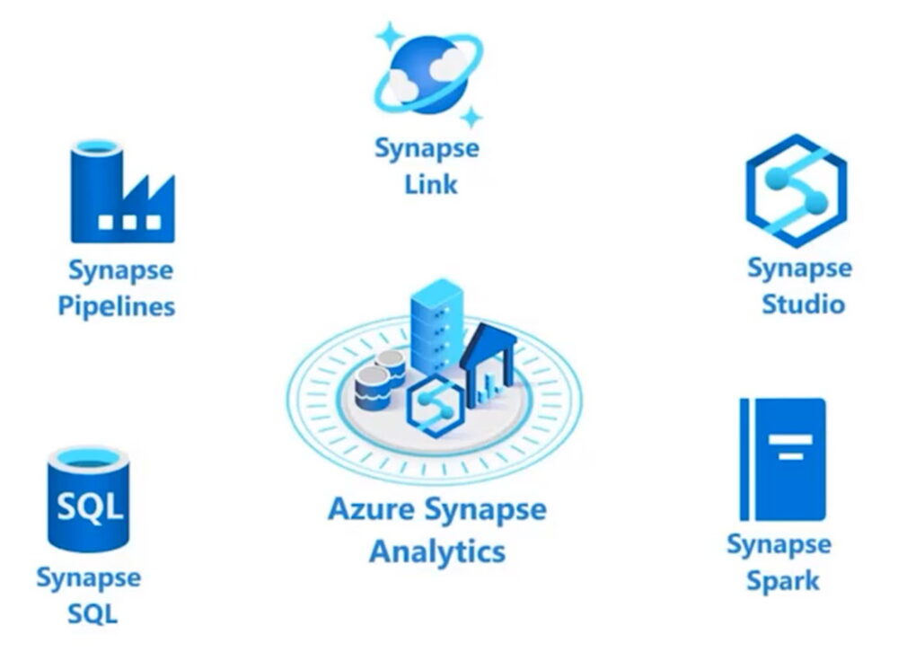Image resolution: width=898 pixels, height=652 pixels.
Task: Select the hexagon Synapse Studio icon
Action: (796, 190)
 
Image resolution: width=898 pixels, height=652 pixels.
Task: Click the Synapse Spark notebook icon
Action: (782, 459)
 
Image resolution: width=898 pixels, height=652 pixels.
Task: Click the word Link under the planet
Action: (429, 185)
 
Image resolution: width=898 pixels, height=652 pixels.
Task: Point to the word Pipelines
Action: (117, 306)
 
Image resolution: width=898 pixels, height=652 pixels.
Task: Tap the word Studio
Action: (803, 304)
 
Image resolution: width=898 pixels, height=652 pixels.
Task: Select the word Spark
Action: (782, 580)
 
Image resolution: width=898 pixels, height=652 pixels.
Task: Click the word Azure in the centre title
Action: (370, 510)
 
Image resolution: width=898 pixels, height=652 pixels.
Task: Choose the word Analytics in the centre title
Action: (437, 551)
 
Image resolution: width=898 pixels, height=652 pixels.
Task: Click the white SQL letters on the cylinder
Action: (88, 507)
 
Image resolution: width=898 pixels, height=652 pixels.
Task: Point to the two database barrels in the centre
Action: (380, 377)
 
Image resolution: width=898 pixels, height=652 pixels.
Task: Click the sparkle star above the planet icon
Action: (390, 37)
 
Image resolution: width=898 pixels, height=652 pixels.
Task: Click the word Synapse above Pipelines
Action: (120, 269)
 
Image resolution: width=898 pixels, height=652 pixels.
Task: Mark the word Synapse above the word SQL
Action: (88, 577)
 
